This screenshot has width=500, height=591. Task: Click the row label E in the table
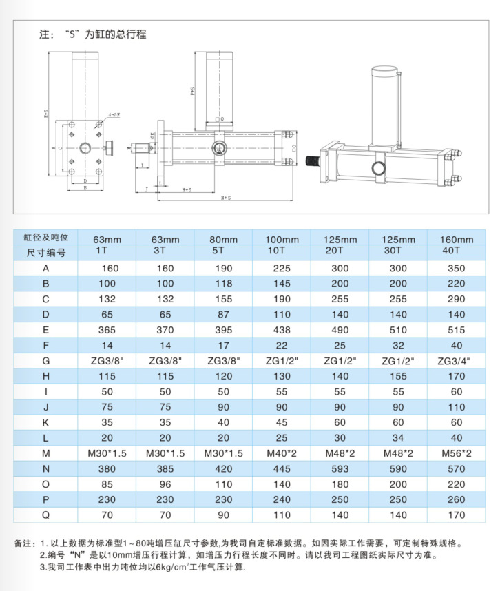click(46, 330)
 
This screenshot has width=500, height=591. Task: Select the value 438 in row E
click(281, 330)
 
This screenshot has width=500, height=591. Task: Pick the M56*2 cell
click(455, 453)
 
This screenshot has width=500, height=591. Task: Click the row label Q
click(46, 514)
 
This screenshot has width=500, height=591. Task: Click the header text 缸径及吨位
click(46, 237)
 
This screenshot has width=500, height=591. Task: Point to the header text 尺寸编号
click(46, 252)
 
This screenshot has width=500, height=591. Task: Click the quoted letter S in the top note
click(70, 34)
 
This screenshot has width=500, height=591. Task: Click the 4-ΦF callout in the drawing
click(114, 115)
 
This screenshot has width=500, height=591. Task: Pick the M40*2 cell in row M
click(281, 453)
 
